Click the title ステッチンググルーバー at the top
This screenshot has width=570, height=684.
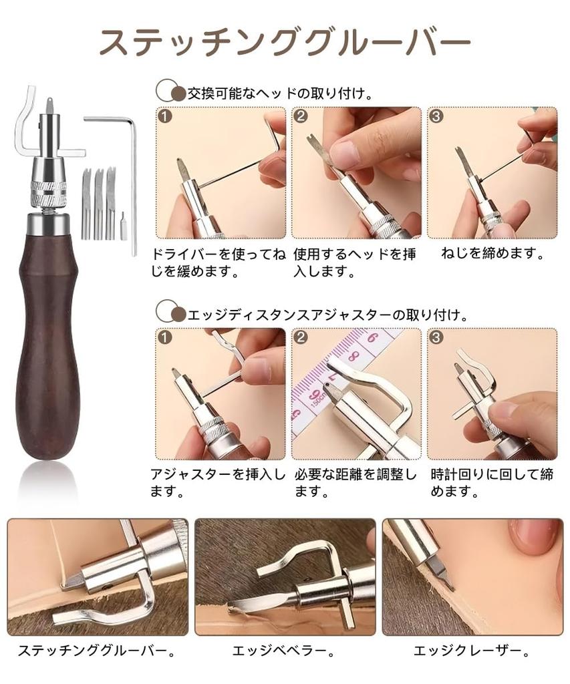(x=285, y=44)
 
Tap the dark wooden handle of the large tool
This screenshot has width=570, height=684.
(x=47, y=334)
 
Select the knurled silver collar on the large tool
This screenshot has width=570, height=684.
(x=47, y=191)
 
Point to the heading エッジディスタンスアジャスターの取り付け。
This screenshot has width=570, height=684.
(x=327, y=313)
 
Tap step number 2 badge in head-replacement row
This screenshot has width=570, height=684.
(x=301, y=117)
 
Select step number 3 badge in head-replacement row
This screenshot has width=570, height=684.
(x=436, y=117)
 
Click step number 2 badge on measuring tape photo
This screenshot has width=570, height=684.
(x=301, y=337)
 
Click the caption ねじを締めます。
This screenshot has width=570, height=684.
(x=493, y=254)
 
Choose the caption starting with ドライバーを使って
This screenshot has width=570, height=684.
(x=219, y=263)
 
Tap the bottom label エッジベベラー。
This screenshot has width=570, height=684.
(x=283, y=649)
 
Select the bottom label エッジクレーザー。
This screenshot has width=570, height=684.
(x=471, y=649)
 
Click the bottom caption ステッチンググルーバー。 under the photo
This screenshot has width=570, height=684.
(x=98, y=649)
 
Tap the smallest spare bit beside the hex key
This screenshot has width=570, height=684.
(x=124, y=226)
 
